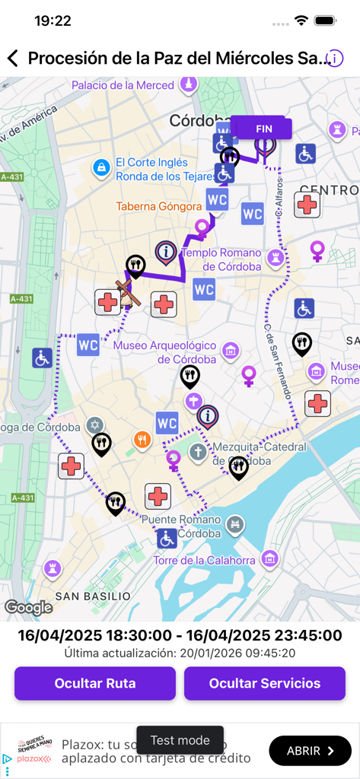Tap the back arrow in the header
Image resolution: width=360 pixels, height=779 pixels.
point(12,58)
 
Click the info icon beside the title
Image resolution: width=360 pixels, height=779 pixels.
point(335,58)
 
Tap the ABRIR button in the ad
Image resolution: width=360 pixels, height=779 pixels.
point(310,751)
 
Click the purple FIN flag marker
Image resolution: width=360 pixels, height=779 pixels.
point(263,130)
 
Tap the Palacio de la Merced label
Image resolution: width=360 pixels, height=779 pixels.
point(123,85)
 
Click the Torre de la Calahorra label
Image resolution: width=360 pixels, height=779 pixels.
point(204,561)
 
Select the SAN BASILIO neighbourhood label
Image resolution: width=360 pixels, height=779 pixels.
point(92,596)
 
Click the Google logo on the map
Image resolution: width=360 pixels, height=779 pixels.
point(29,607)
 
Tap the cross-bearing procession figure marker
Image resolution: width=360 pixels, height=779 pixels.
point(127,294)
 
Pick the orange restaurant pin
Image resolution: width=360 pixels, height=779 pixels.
point(142,439)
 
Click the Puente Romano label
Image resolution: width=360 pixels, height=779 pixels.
point(181,526)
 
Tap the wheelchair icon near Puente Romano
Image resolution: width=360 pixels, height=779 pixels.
point(167,539)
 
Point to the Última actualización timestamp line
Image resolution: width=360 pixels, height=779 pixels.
point(180,653)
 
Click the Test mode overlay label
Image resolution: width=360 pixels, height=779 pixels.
point(180,740)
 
